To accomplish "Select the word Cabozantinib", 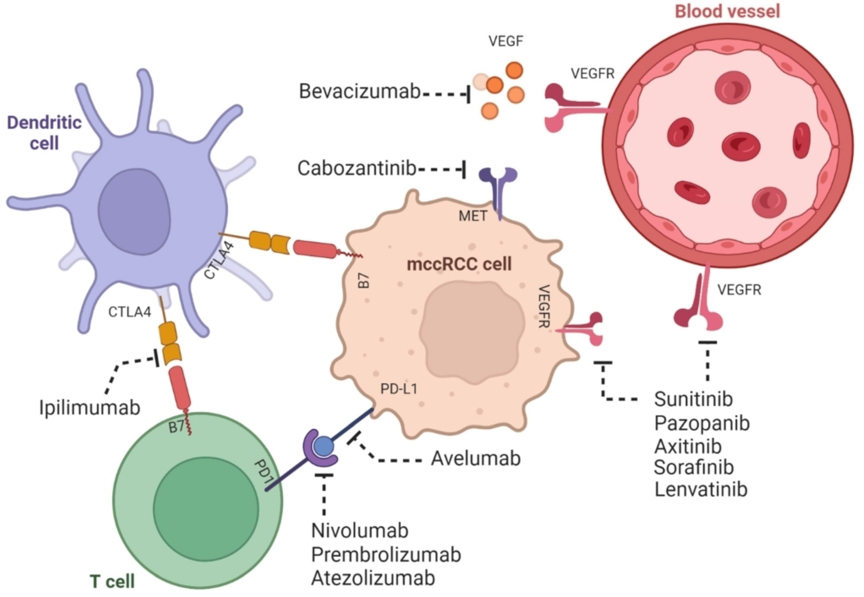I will pyautogui.click(x=357, y=169).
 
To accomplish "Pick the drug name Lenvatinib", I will pyautogui.click(x=701, y=489).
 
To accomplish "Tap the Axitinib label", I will pyautogui.click(x=688, y=446).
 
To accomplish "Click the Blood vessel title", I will pyautogui.click(x=727, y=12).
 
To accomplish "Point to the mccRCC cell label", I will pyautogui.click(x=459, y=264).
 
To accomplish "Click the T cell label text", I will pyautogui.click(x=112, y=582).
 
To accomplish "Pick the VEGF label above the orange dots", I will pyautogui.click(x=506, y=41).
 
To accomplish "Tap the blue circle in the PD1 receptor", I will pyautogui.click(x=323, y=446).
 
